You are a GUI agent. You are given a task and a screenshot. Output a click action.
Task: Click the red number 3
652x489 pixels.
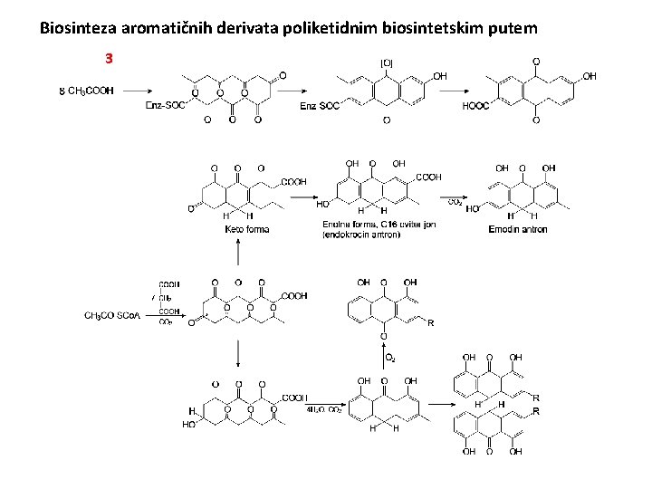[109, 59]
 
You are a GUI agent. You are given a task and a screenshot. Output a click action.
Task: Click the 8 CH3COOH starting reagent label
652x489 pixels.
[86, 91]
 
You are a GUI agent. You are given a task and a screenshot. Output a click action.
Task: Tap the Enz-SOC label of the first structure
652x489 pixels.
[166, 106]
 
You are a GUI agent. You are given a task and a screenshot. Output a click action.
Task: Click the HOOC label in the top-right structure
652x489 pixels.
[475, 106]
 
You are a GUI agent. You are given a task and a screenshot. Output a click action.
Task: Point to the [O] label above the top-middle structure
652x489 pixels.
[387, 62]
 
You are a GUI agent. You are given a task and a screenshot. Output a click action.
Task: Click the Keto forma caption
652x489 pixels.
[247, 229]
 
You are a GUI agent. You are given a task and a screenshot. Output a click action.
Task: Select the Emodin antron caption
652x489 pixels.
[518, 229]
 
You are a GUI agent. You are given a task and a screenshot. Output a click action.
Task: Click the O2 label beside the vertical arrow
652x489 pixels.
[390, 359]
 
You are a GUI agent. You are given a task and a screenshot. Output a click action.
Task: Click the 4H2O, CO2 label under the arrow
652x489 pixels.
[324, 409]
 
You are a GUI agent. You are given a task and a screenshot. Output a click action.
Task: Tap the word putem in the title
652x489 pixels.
[514, 29]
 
